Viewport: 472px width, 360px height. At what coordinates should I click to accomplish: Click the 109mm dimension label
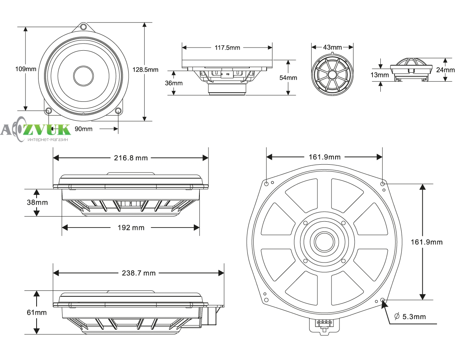click(26, 69)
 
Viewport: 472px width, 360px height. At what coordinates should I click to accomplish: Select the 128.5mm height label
click(145, 70)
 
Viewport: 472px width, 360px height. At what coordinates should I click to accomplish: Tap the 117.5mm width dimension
click(227, 48)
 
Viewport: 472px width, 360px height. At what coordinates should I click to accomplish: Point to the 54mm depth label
click(288, 77)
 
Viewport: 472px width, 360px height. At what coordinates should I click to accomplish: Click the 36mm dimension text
click(174, 83)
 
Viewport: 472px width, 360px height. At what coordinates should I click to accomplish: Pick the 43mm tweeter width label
click(332, 47)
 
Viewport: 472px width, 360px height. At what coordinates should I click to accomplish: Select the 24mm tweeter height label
click(445, 70)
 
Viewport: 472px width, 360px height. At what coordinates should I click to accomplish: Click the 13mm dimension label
click(380, 75)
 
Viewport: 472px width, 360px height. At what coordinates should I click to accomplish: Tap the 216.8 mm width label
click(131, 158)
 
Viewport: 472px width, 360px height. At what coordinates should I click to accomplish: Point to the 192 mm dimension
click(131, 228)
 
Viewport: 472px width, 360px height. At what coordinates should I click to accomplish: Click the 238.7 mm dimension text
click(138, 273)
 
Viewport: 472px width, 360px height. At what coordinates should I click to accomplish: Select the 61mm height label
click(37, 312)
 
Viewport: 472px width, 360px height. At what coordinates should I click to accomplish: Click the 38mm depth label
click(37, 202)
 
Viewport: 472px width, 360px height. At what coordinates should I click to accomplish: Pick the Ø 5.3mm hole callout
click(410, 317)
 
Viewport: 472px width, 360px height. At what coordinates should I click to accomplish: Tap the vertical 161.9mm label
click(427, 242)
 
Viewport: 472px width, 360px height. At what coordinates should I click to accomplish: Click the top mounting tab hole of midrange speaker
click(83, 27)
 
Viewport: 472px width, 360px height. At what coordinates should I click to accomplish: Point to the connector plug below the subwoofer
click(325, 326)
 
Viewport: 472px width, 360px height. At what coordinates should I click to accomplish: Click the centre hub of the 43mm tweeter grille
click(332, 75)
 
